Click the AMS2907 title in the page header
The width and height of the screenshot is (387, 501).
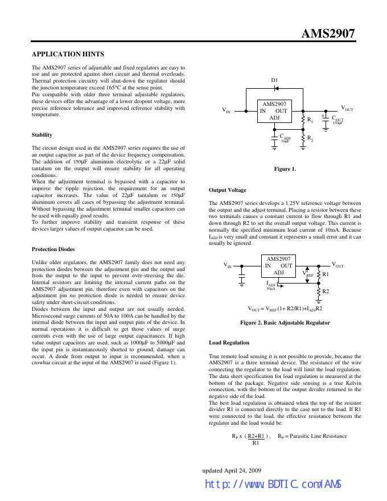328,34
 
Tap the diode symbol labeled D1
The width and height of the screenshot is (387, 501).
275,89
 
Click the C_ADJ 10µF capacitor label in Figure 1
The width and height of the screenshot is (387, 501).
285,138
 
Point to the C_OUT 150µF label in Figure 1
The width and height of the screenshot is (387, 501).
337,120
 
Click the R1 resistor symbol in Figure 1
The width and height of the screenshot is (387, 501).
302,120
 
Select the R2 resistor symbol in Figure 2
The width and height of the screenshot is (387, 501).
318,291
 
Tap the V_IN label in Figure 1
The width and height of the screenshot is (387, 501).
226,110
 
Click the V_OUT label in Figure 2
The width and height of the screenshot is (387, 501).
337,265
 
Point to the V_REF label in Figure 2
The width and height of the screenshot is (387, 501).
309,274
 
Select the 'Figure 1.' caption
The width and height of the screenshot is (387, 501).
285,169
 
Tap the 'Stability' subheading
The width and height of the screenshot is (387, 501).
42,135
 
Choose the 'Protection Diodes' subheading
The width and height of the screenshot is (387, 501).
53,249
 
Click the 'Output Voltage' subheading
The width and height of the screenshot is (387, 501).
228,190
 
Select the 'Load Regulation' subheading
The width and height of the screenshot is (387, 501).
229,343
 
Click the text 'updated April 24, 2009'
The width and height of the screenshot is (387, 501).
232,470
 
